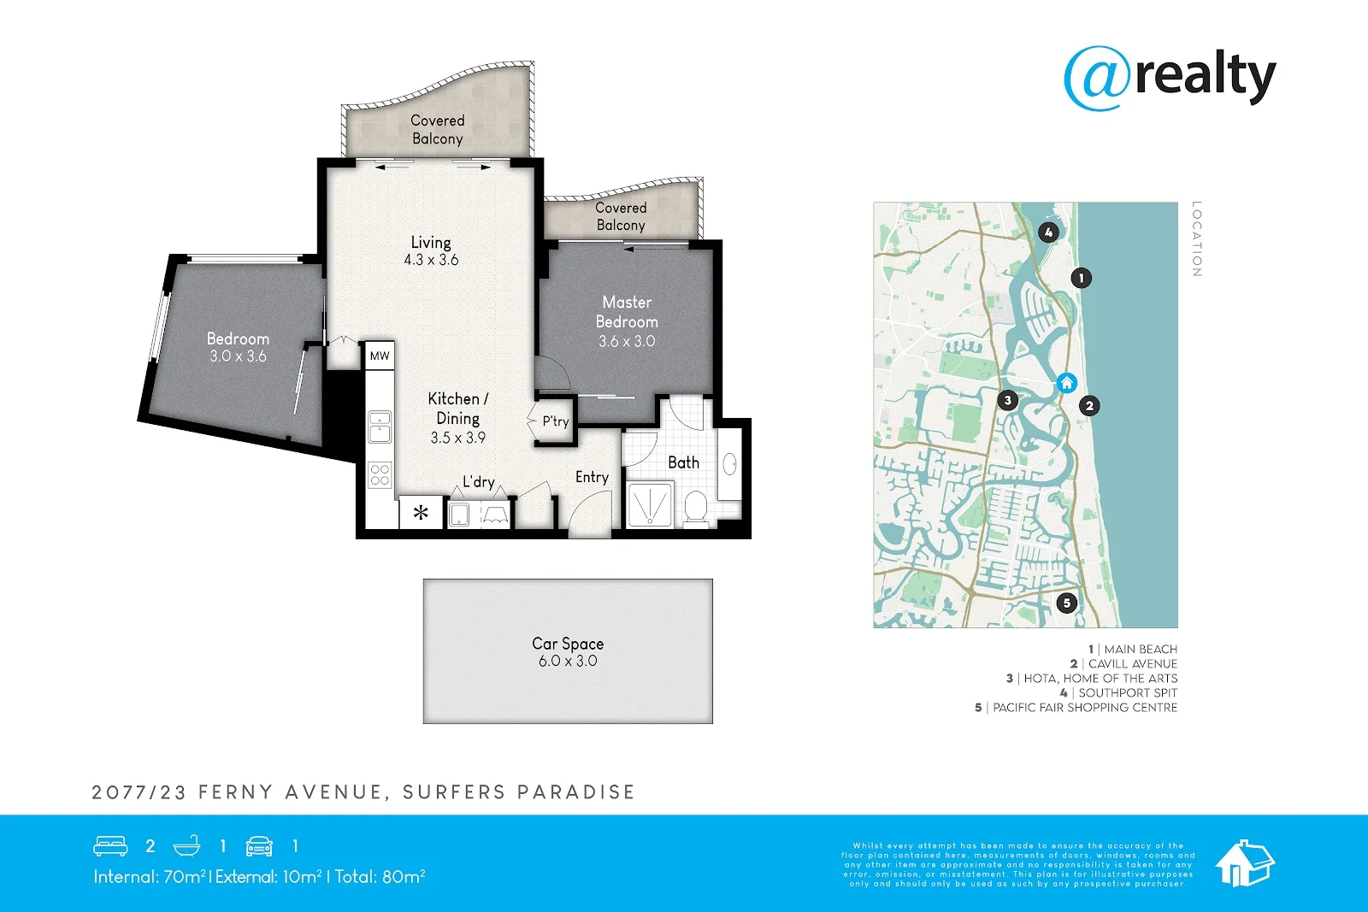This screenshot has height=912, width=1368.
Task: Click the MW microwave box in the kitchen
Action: (x=380, y=356)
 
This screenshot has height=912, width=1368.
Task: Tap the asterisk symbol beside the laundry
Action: (x=421, y=512)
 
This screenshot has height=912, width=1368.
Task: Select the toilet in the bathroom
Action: (x=696, y=508)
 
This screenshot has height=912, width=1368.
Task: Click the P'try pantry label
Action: (x=555, y=421)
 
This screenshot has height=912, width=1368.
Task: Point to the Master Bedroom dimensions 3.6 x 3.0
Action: (x=627, y=341)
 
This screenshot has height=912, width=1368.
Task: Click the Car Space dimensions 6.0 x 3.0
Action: (x=568, y=661)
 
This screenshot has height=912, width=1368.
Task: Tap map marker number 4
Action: (x=1048, y=232)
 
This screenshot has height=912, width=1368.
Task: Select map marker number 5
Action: (x=1066, y=603)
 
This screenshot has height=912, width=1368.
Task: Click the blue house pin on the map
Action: (x=1066, y=383)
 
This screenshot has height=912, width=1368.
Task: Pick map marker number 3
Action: (x=1008, y=401)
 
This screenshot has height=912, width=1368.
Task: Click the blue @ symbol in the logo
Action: (x=1097, y=78)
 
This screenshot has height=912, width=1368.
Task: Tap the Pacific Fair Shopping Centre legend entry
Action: (x=1076, y=708)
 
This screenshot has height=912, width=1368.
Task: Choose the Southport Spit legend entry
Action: (x=1119, y=693)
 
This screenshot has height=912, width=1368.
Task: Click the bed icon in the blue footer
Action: (x=110, y=846)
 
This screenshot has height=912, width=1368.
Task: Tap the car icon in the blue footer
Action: (x=259, y=846)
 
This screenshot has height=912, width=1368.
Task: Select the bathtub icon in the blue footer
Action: (x=186, y=846)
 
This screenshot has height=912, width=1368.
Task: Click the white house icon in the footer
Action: (x=1245, y=863)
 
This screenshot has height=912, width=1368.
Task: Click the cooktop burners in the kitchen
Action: (x=380, y=475)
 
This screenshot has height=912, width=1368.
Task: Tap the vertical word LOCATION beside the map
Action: (x=1196, y=238)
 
